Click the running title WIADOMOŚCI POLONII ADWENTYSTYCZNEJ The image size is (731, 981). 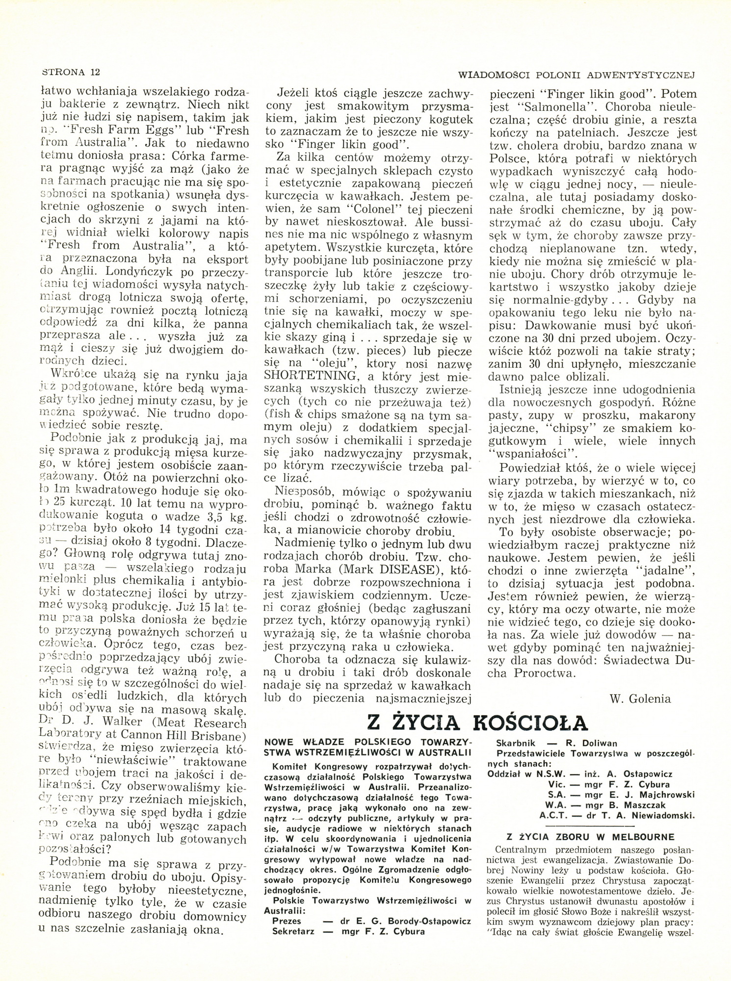pyautogui.click(x=577, y=75)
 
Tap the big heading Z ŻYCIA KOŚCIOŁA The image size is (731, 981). pyautogui.click(x=477, y=723)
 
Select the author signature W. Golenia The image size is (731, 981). pyautogui.click(x=640, y=698)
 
